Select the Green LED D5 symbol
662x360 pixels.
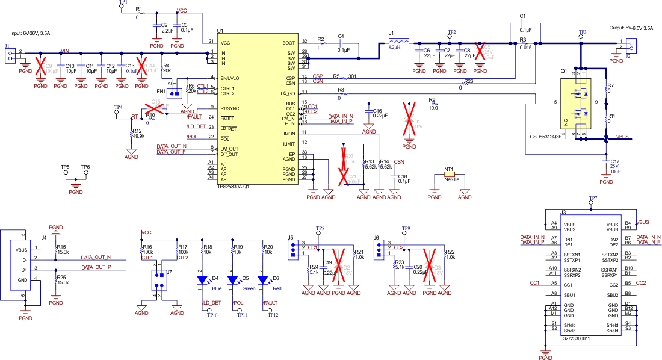232,279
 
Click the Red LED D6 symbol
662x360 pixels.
262,279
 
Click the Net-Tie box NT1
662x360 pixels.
448,178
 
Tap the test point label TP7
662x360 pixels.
593,198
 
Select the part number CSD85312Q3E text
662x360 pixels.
545,137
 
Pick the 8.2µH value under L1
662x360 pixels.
395,47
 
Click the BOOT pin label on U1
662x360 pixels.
288,43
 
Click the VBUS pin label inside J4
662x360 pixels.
22,249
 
